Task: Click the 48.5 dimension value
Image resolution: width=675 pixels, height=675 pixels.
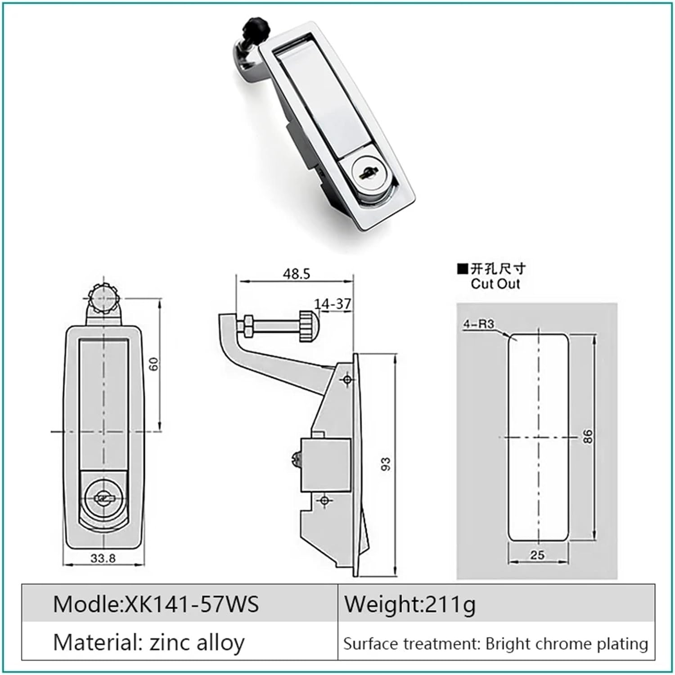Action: [297, 274]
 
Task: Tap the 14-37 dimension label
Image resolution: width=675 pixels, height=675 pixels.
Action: [333, 304]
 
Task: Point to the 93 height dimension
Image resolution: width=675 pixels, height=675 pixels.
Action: [386, 464]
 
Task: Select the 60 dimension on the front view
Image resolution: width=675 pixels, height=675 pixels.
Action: [154, 364]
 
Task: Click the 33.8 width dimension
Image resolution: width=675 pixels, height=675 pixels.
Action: [103, 558]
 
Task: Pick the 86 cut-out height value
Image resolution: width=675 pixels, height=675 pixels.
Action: [588, 436]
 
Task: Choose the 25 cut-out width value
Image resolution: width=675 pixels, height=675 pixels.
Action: [537, 555]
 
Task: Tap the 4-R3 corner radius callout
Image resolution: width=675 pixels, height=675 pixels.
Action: [479, 324]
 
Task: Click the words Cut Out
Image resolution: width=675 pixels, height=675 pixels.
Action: [495, 284]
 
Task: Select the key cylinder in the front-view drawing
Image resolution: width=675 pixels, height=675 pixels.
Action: [103, 497]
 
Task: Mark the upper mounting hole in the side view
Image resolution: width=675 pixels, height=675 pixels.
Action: [347, 380]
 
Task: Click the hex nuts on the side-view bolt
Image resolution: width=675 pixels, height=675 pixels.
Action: [247, 326]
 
